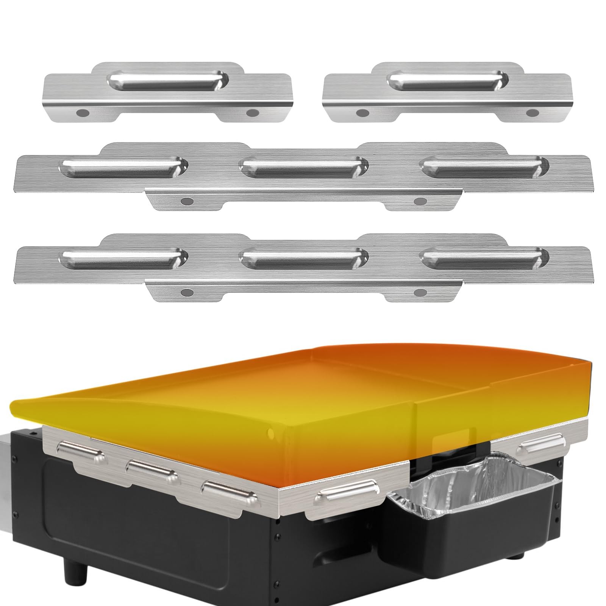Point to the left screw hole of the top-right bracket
(363, 112)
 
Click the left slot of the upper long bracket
(124, 167)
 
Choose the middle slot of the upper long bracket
(304, 167)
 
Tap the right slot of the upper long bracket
(485, 167)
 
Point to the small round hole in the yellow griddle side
(270, 432)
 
